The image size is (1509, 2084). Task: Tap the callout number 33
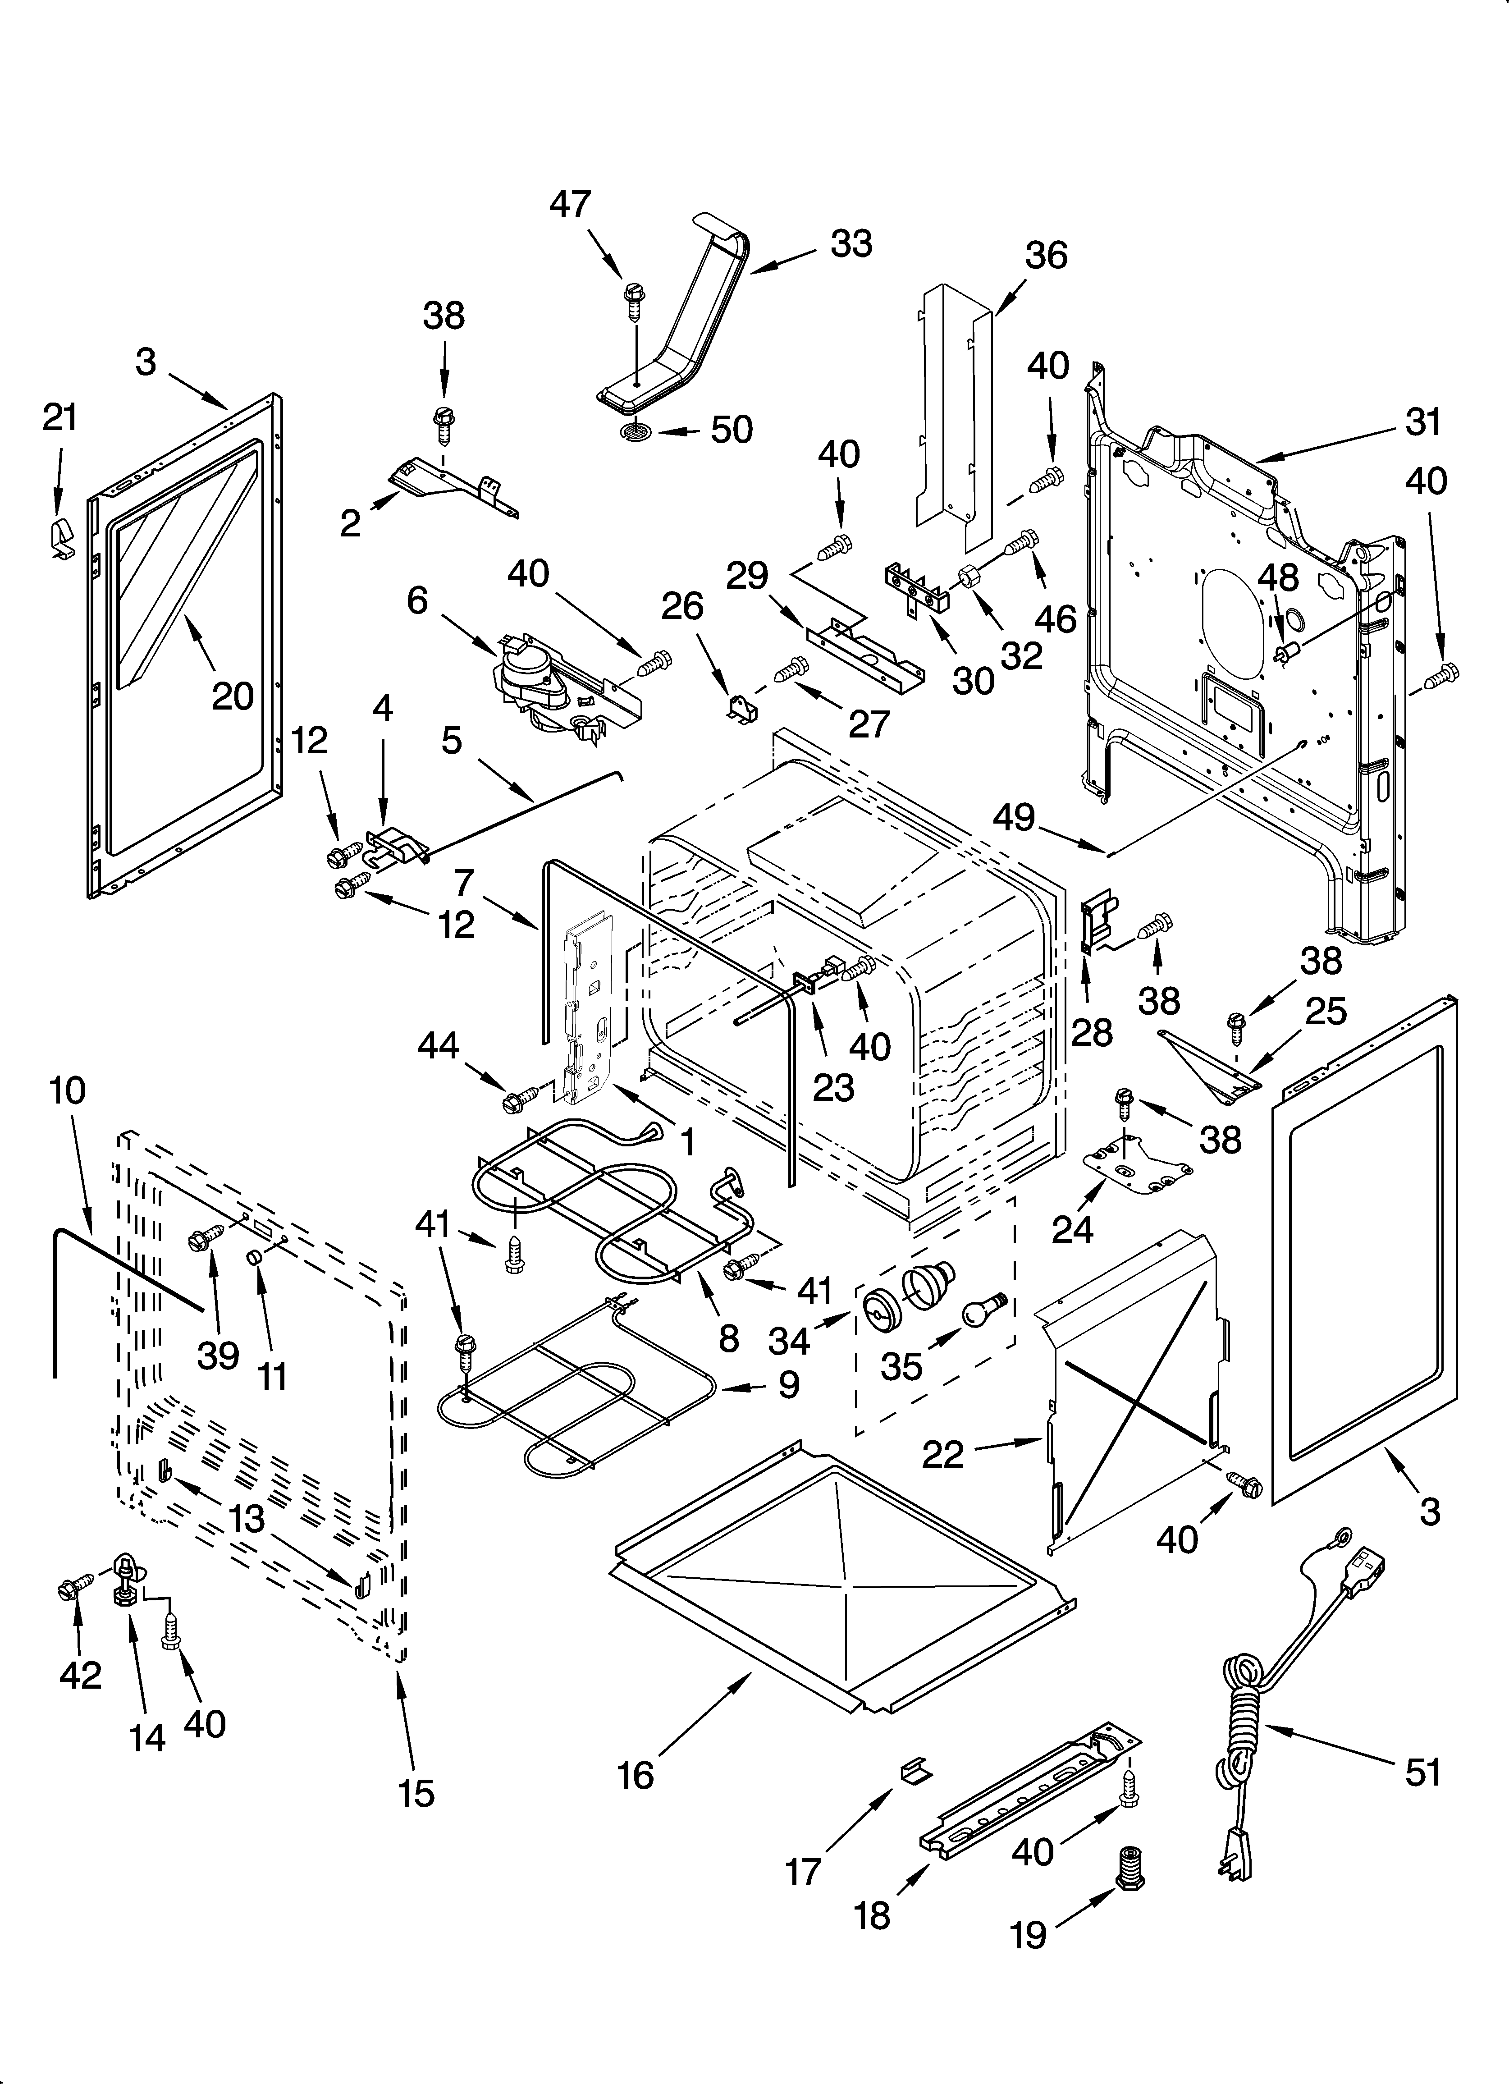851,244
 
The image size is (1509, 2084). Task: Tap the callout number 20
233,696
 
